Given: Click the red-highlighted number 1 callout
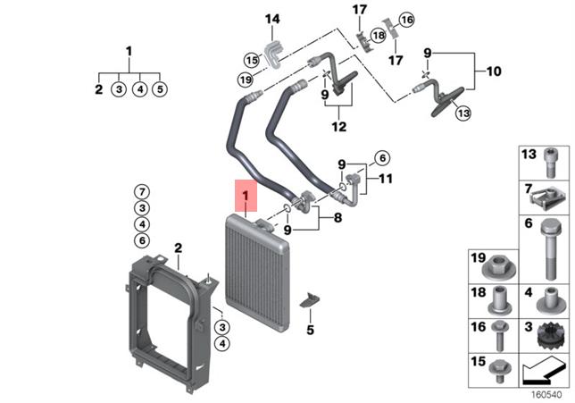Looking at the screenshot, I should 244,194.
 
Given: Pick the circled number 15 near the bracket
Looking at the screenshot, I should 252,60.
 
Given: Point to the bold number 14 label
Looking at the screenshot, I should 271,19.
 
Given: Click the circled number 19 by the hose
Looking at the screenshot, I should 246,80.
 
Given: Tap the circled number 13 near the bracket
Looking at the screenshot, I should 462,113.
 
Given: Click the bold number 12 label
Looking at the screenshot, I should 339,127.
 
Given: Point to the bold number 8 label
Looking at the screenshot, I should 337,217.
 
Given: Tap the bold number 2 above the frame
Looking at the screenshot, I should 178,248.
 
